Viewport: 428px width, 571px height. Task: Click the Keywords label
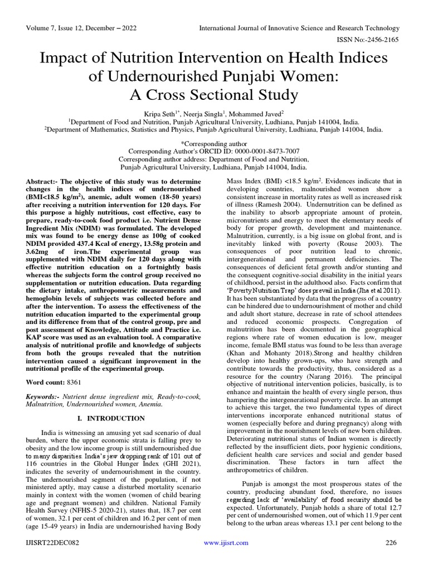coord(44,396)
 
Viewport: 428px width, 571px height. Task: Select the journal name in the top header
coord(299,28)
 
